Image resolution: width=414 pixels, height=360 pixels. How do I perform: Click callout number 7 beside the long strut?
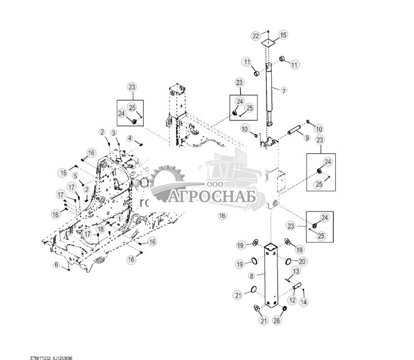click(x=284, y=91)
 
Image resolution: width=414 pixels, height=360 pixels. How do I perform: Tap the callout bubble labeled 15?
click(x=284, y=35)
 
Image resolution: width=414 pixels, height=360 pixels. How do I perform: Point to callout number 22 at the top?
click(x=255, y=36)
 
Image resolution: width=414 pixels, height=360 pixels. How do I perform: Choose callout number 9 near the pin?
click(x=307, y=138)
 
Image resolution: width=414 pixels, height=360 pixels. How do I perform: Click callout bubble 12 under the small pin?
click(x=291, y=300)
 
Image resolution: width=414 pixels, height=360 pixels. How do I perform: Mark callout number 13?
click(x=296, y=271)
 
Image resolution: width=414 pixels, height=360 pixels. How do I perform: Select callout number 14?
click(x=303, y=301)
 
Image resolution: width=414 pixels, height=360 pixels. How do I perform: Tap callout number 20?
click(x=302, y=261)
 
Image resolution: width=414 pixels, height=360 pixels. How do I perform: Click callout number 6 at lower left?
click(x=57, y=265)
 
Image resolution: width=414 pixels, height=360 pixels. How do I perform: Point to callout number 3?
click(x=113, y=133)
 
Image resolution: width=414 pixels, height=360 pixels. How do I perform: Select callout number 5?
click(x=75, y=175)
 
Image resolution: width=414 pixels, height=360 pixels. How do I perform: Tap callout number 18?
click(x=100, y=229)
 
